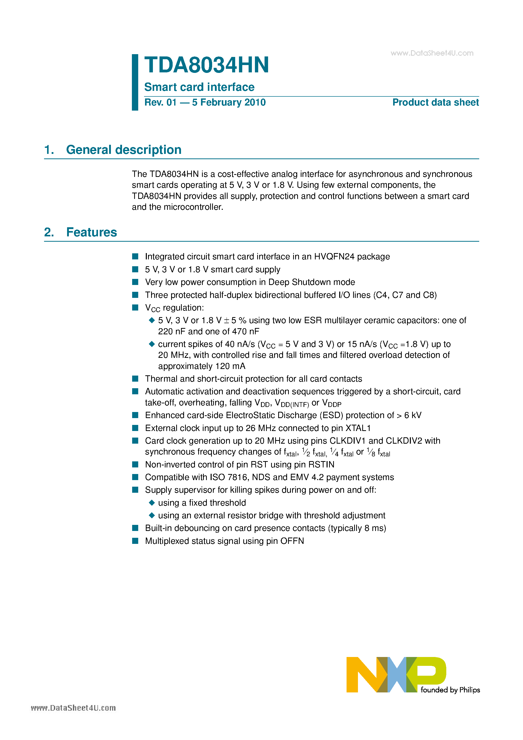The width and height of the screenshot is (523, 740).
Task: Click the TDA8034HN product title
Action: (206, 65)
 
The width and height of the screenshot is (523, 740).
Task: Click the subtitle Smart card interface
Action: (199, 87)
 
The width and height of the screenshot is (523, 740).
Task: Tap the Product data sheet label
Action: (435, 102)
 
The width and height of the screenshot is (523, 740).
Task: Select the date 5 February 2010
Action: (229, 102)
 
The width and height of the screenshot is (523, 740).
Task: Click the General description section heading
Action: (124, 150)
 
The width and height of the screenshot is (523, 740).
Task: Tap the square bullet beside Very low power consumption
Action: (135, 282)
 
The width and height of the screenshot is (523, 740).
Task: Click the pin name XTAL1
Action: (358, 428)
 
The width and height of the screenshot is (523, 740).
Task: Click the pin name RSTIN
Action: (321, 464)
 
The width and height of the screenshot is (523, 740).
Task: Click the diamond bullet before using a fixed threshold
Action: (152, 502)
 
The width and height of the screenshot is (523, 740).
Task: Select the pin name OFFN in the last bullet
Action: (292, 541)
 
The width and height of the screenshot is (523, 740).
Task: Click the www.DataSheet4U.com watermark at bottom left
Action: (73, 708)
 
